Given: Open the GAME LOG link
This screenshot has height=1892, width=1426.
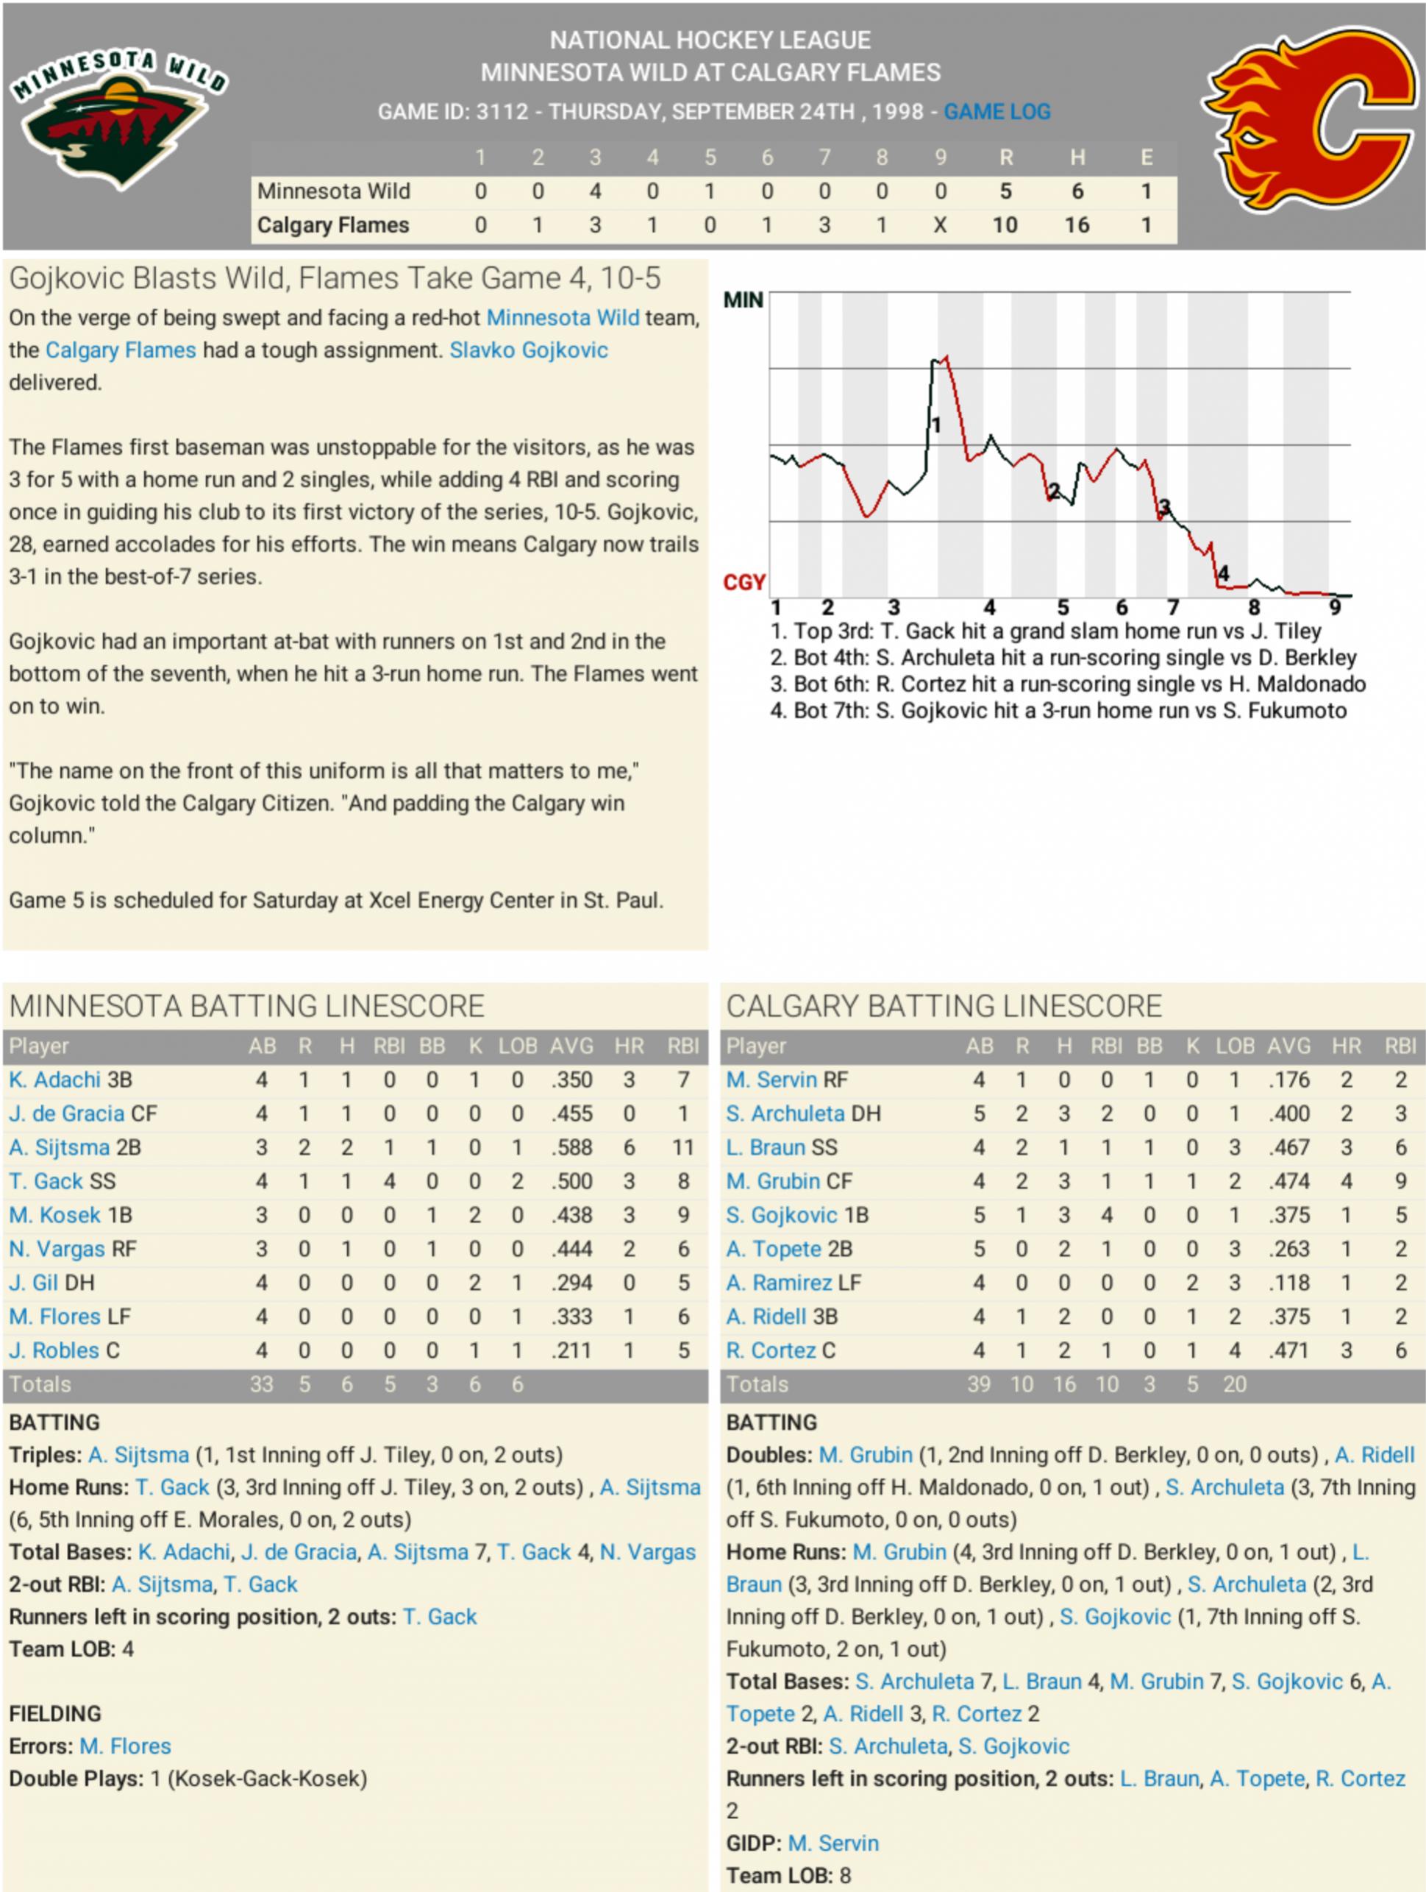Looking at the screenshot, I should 997,112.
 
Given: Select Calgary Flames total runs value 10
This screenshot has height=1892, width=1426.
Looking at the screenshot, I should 1005,225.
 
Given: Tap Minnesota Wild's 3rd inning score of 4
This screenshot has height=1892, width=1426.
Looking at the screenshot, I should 595,191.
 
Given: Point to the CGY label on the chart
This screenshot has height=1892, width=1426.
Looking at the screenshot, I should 744,583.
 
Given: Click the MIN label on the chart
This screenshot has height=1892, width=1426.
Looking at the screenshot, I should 743,300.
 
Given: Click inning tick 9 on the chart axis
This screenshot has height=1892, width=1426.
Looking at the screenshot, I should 1335,608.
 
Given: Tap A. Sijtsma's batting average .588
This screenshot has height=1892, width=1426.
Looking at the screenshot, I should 571,1148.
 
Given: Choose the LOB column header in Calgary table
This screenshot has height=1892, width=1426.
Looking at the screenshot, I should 1235,1046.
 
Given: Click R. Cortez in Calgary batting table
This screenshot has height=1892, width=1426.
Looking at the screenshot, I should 772,1350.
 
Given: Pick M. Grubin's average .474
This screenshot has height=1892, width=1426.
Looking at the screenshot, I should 1288,1181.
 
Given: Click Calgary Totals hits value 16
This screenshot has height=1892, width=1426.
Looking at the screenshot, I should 1063,1384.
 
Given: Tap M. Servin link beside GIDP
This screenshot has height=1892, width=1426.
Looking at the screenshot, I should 833,1843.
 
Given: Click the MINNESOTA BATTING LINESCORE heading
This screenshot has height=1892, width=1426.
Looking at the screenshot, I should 247,1007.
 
